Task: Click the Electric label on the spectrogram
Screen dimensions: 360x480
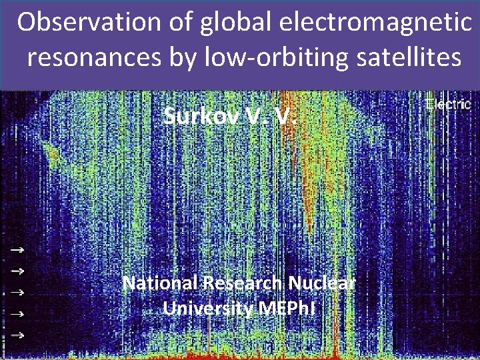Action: click(x=448, y=105)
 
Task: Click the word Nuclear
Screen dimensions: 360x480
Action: click(x=327, y=283)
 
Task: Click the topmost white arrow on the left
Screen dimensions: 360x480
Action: click(x=18, y=249)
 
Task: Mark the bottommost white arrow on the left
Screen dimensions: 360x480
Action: click(x=18, y=335)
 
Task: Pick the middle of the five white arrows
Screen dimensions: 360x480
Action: click(x=18, y=292)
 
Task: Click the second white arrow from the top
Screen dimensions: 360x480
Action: click(x=18, y=271)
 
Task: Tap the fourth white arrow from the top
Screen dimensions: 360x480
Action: click(x=18, y=313)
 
